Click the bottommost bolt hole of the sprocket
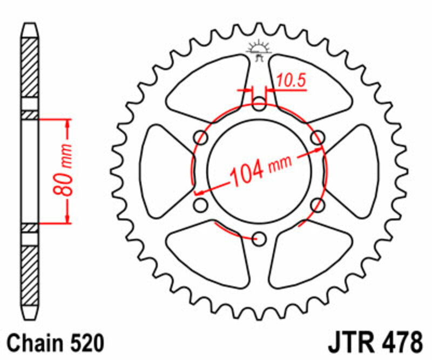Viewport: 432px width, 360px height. click(x=260, y=238)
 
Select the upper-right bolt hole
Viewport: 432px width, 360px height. click(x=318, y=137)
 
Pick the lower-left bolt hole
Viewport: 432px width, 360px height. click(x=201, y=204)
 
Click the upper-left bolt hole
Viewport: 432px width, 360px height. click(x=201, y=137)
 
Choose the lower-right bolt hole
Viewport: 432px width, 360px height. click(x=318, y=204)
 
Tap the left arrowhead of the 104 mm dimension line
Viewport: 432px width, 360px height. click(x=199, y=192)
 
